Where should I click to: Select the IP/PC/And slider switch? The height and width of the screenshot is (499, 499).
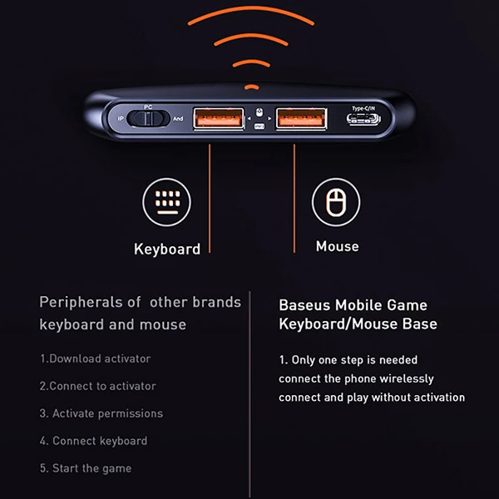pyautogui.click(x=148, y=120)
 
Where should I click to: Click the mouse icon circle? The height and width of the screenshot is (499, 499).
pyautogui.click(x=335, y=201)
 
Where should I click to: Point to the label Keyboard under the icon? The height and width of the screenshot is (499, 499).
pyautogui.click(x=167, y=249)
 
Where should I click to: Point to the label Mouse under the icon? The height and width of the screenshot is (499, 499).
pyautogui.click(x=337, y=246)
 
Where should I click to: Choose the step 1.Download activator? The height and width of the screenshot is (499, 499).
pyautogui.click(x=96, y=358)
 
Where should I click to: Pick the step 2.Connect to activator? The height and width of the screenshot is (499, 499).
pyautogui.click(x=97, y=386)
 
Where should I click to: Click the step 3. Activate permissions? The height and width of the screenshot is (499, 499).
pyautogui.click(x=101, y=413)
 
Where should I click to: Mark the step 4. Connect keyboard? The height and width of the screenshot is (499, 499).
pyautogui.click(x=93, y=441)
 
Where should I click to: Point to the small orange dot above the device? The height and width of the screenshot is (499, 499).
pyautogui.click(x=250, y=85)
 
